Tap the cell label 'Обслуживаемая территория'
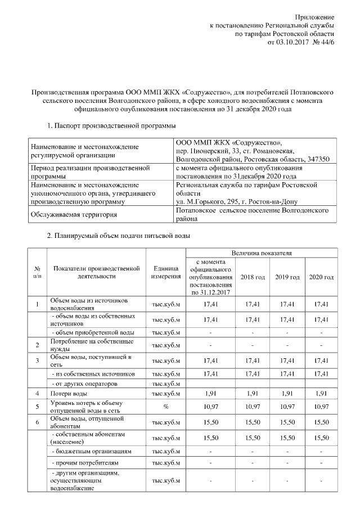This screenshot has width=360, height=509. tap(74, 214)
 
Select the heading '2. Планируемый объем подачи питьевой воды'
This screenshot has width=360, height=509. tap(119, 235)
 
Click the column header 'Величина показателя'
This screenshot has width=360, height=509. tap(260, 254)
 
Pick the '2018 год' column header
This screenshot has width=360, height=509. tap(253, 277)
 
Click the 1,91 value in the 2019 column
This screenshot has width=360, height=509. tap(287, 394)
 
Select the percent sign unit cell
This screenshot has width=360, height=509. tap(165, 407)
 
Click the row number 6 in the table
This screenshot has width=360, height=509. tap(37, 421)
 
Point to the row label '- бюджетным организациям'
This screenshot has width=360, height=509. tap(92, 451)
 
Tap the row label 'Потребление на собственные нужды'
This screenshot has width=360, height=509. tap(92, 345)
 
